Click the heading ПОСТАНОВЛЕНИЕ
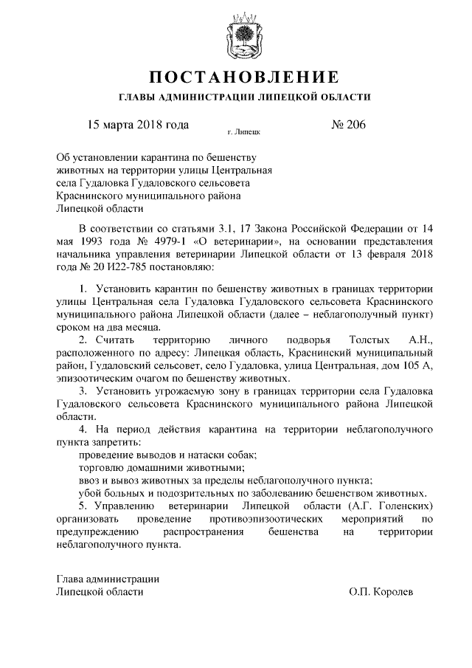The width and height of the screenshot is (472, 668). (x=244, y=78)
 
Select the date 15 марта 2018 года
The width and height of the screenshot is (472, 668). (x=138, y=124)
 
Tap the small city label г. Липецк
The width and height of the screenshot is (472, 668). (x=243, y=134)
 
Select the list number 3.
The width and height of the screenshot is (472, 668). (x=83, y=390)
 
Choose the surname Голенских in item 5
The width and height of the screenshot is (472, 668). (x=403, y=507)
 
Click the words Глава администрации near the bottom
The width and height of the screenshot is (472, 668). (x=108, y=578)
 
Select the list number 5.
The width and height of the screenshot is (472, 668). (x=83, y=507)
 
